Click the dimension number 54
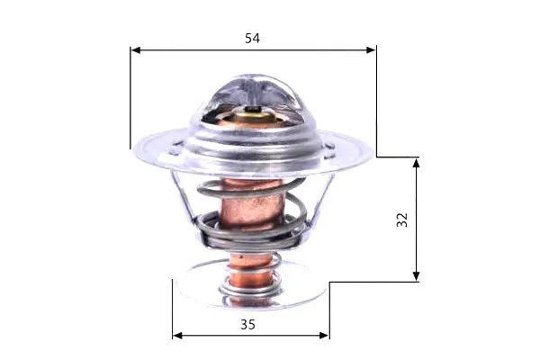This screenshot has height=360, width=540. point(252,38)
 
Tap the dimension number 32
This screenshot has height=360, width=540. point(402,220)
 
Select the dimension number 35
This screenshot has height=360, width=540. point(247,325)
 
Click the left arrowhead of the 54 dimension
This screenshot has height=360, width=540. point(136,50)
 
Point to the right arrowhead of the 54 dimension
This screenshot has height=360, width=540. point(371,50)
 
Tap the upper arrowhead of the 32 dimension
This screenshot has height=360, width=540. point(416,163)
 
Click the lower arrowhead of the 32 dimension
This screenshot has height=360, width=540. point(416,276)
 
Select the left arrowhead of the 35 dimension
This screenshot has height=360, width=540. point(177,336)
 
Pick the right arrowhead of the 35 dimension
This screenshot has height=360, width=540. point(324,336)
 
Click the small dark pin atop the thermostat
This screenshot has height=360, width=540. point(254,109)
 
